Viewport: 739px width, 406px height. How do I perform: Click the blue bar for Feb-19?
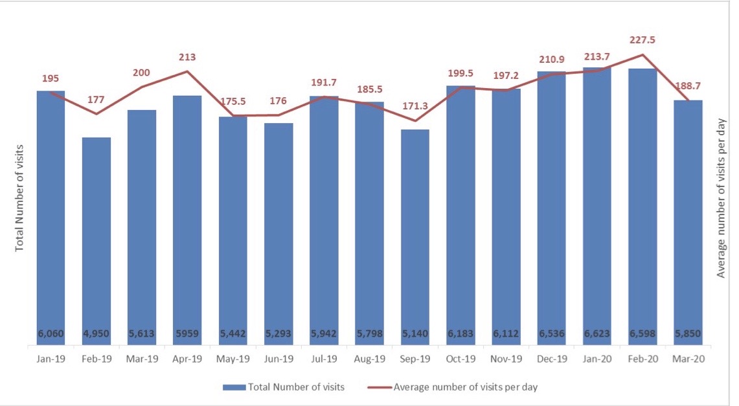[97, 240]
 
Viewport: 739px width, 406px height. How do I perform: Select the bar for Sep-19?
[415, 233]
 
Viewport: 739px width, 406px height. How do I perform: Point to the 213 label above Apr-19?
[187, 57]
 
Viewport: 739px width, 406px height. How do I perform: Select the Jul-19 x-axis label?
[324, 358]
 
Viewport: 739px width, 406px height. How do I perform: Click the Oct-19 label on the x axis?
[460, 358]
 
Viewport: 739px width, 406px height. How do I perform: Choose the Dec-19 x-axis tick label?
[552, 358]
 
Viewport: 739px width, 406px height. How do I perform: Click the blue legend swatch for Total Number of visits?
[234, 387]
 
